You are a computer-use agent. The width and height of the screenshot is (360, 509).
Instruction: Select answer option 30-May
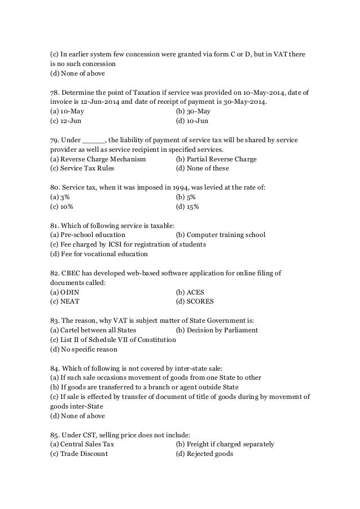coord(195,112)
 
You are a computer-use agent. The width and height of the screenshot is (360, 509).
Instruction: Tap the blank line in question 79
coord(94,140)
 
